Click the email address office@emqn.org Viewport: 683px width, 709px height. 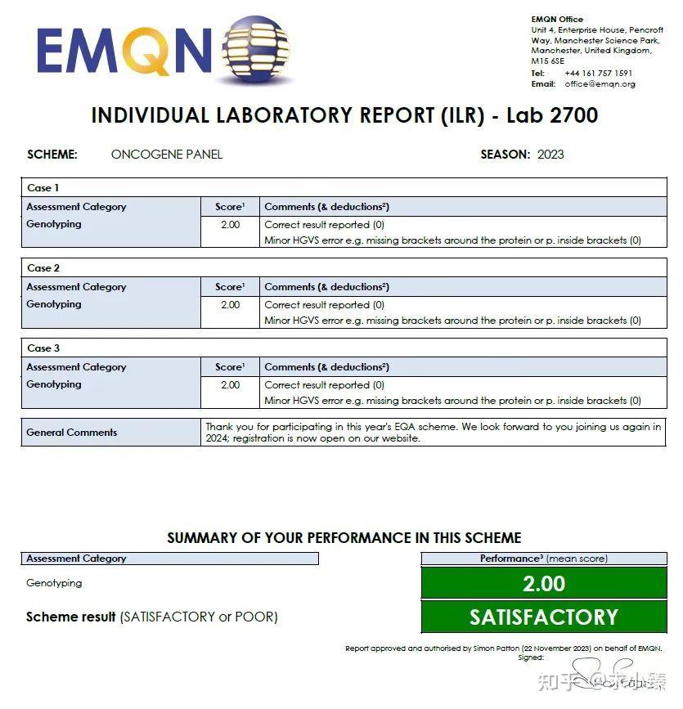click(600, 83)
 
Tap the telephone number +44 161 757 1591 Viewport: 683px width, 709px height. click(598, 73)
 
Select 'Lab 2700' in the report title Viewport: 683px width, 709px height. click(552, 115)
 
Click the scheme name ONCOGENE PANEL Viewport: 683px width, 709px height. click(167, 154)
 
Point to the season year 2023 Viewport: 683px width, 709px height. click(550, 154)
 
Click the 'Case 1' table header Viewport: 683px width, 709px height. click(43, 188)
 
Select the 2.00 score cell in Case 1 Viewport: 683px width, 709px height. click(230, 224)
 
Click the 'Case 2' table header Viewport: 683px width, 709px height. click(43, 268)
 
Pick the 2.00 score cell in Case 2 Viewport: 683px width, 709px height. click(230, 304)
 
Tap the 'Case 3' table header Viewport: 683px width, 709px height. click(43, 348)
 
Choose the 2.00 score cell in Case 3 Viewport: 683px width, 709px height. click(230, 384)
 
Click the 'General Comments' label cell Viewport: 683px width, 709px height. click(72, 433)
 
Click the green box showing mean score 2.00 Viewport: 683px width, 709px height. click(543, 583)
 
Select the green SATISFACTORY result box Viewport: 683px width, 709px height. click(543, 617)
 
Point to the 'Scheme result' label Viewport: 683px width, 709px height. click(71, 617)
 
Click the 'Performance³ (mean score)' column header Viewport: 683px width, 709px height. click(543, 559)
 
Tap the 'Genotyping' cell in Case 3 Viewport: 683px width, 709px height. click(54, 384)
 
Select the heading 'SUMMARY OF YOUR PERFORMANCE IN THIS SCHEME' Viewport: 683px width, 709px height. click(344, 538)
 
